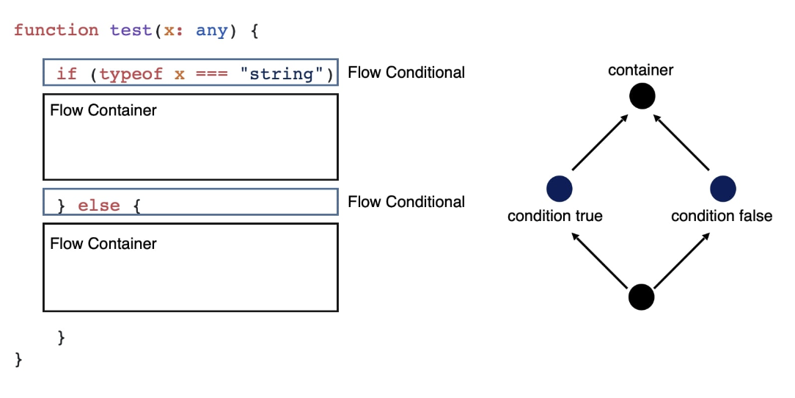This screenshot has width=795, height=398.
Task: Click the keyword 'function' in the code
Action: [56, 30]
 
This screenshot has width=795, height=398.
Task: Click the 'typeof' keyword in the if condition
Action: [131, 73]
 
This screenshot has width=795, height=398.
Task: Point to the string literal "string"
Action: [286, 73]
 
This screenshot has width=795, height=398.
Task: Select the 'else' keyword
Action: [99, 205]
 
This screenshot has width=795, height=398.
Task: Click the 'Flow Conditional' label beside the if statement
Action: [406, 73]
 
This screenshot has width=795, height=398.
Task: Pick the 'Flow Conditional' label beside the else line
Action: [406, 202]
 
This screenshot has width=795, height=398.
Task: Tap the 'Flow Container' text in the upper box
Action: [103, 111]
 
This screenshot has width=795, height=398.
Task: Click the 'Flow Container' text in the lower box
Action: [103, 243]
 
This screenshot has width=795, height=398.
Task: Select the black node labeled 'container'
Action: [642, 96]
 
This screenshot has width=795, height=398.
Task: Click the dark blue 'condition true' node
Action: [559, 189]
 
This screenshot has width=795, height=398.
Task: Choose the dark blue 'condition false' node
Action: [723, 189]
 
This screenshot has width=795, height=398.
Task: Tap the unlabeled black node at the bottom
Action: [642, 297]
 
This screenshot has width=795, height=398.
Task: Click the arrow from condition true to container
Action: [601, 142]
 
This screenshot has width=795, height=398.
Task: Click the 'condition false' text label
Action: [722, 216]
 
